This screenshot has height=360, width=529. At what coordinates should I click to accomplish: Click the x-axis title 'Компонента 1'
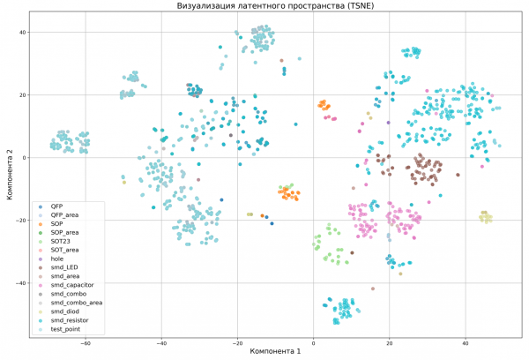pyautogui.click(x=275, y=352)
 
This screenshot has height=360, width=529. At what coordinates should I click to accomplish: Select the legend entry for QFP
pyautogui.click(x=58, y=206)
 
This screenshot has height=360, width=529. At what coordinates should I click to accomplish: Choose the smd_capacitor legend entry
pyautogui.click(x=72, y=285)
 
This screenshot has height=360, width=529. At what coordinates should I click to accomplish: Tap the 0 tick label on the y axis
pyautogui.click(x=26, y=158)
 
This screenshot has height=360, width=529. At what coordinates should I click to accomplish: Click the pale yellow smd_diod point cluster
pyautogui.click(x=485, y=217)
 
